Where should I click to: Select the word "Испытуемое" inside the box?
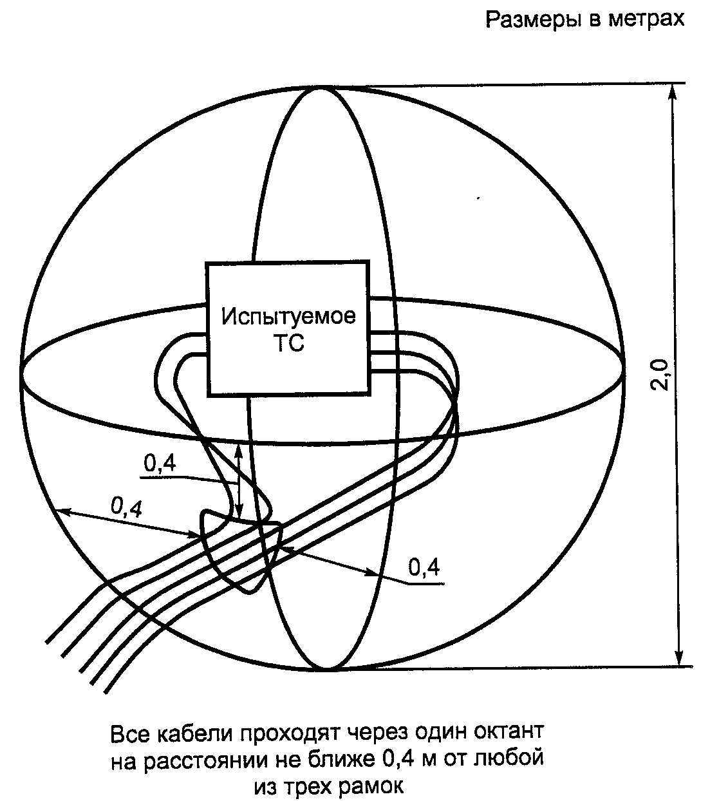pyautogui.click(x=288, y=317)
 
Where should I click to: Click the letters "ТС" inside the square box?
pyautogui.click(x=288, y=343)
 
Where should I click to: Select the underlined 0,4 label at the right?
pyautogui.click(x=424, y=567)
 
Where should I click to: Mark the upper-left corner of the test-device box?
pyautogui.click(x=207, y=263)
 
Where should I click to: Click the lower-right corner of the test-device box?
pyautogui.click(x=369, y=393)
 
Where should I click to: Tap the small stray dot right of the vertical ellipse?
pyautogui.click(x=478, y=200)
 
